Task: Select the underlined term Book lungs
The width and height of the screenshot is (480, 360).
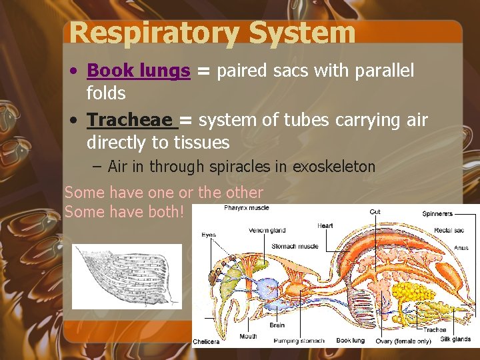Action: point(139,71)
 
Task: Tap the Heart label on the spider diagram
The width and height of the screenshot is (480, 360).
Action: point(325,225)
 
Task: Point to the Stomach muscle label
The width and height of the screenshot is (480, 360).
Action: point(295,247)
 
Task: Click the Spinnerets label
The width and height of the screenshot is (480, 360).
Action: point(437,214)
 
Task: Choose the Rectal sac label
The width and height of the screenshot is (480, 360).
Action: point(449,231)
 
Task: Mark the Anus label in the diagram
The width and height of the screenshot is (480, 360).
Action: point(461,247)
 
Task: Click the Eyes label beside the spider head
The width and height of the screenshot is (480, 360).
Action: point(208,235)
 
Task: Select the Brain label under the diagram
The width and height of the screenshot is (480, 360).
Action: point(277,325)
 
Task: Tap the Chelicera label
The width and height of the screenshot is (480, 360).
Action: point(206,342)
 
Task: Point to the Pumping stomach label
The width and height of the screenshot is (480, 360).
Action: point(303,340)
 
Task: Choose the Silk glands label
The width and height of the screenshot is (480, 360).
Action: point(455,339)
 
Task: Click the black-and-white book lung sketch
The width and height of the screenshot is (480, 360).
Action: point(126,275)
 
